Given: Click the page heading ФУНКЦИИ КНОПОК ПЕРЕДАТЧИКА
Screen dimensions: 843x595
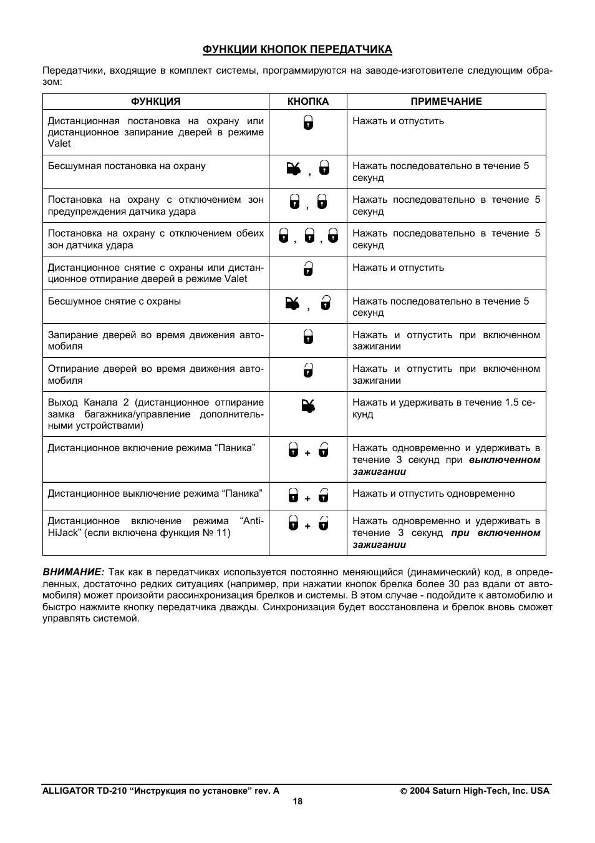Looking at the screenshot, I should click(297, 49).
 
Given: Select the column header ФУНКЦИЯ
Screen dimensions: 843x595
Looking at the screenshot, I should click(155, 102).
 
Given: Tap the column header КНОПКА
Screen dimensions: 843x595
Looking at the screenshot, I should click(308, 102).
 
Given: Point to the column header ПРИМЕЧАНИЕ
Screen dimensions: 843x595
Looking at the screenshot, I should click(446, 102).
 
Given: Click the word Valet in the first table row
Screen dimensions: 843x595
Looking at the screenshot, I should click(59, 144).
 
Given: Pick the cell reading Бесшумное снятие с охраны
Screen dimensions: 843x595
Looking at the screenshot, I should click(114, 301).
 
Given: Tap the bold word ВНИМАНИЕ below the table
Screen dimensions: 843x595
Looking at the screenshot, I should click(73, 572).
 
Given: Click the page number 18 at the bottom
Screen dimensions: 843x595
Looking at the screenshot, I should click(297, 802).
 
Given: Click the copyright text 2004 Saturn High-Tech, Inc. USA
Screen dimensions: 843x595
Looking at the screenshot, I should click(479, 791).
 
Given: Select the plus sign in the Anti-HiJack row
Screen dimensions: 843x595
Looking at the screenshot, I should click(307, 526).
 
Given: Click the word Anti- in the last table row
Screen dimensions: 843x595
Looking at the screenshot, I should click(252, 521).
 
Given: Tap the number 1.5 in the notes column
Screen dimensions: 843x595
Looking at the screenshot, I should click(512, 402).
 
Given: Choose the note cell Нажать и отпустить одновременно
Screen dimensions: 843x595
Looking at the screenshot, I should click(433, 494).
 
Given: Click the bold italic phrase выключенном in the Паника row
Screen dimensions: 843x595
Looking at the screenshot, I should click(505, 460).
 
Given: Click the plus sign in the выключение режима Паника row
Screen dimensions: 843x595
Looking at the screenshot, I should click(307, 499).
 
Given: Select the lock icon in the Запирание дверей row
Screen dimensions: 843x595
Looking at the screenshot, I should click(308, 338).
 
